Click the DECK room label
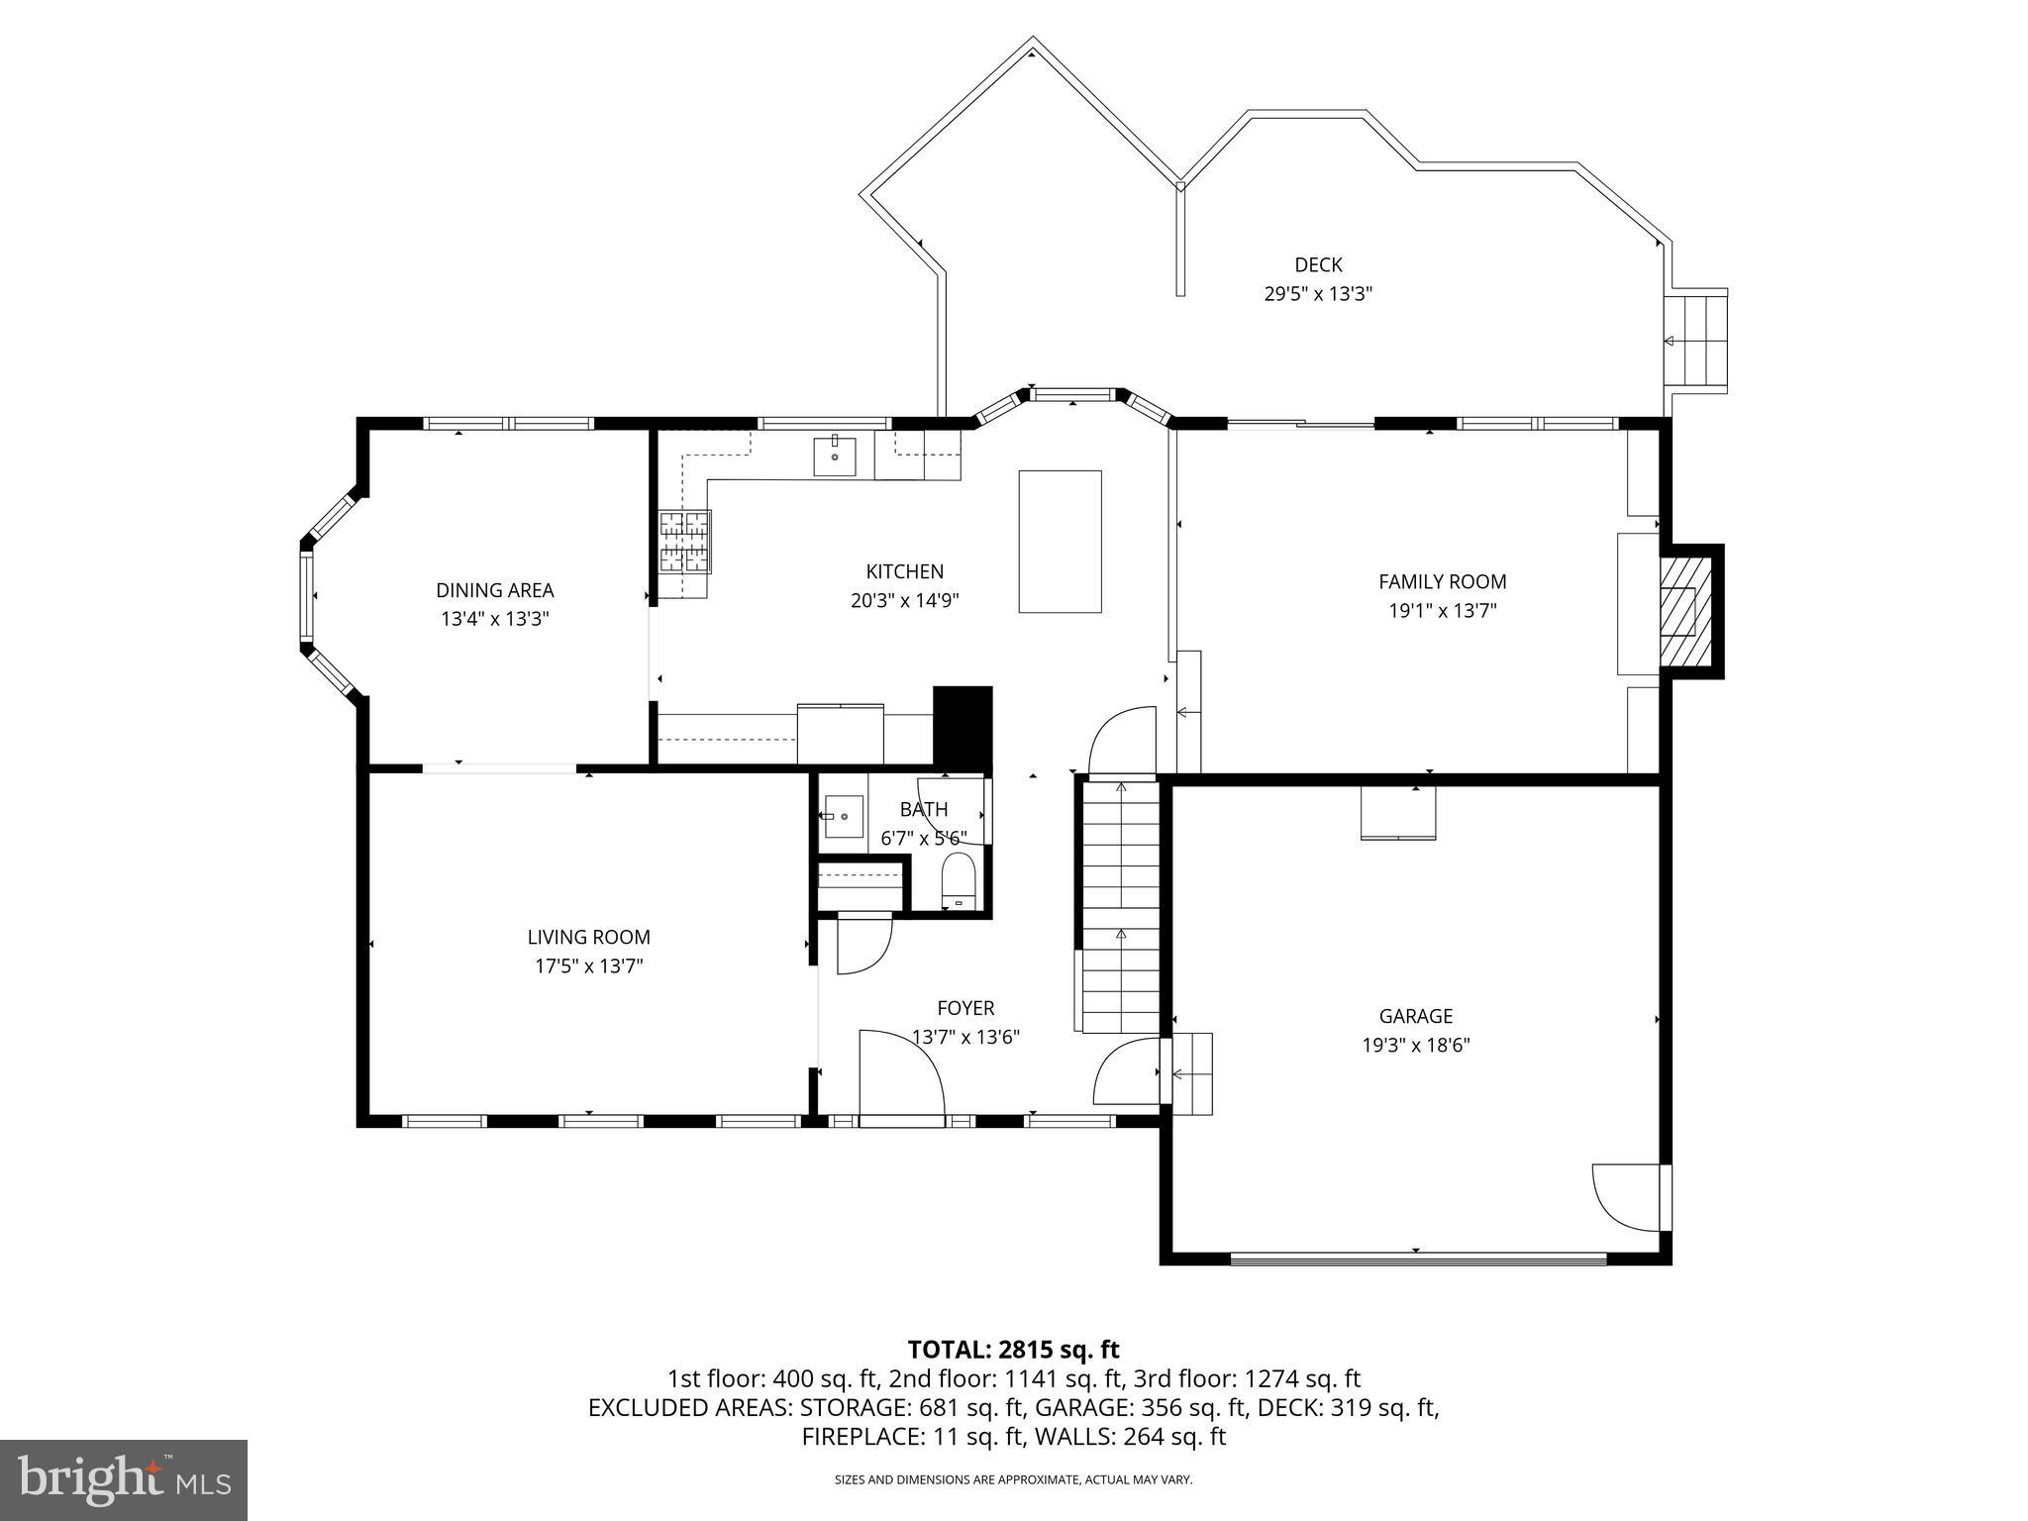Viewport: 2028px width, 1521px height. [1318, 264]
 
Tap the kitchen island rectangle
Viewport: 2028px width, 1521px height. [1060, 542]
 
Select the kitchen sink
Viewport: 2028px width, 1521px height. [835, 456]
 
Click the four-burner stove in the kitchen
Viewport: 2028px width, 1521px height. [685, 542]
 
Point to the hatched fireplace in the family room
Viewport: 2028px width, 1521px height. [1684, 610]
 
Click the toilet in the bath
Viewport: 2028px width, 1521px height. [958, 882]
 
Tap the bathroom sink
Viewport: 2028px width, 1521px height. [842, 817]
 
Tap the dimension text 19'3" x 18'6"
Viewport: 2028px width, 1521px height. [1415, 1045]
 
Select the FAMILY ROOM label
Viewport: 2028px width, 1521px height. [1442, 581]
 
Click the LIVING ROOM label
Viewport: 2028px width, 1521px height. [588, 937]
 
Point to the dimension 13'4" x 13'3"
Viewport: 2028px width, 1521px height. [494, 619]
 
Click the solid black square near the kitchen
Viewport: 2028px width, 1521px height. [963, 724]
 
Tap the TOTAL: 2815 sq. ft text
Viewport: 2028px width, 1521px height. [1013, 1349]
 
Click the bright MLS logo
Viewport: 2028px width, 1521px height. [123, 1479]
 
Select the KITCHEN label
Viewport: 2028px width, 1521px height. [904, 571]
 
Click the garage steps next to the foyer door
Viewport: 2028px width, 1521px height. [1191, 1073]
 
